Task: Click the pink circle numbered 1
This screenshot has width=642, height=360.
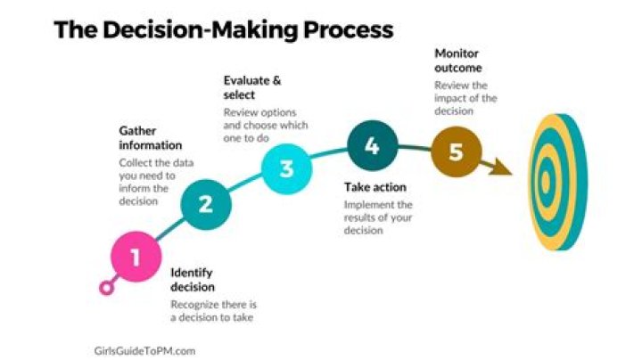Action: [136, 258]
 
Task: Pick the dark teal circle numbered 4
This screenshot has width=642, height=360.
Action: [372, 147]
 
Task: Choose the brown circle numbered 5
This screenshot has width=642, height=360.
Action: [456, 151]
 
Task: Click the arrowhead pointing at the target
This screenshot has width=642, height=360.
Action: [502, 166]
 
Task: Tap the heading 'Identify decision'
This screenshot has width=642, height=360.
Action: [192, 280]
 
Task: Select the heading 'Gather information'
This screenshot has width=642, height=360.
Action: [151, 137]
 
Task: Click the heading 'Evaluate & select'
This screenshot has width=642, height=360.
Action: [252, 86]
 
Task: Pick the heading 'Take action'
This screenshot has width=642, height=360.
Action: [374, 187]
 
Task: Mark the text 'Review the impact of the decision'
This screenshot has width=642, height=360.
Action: [465, 98]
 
